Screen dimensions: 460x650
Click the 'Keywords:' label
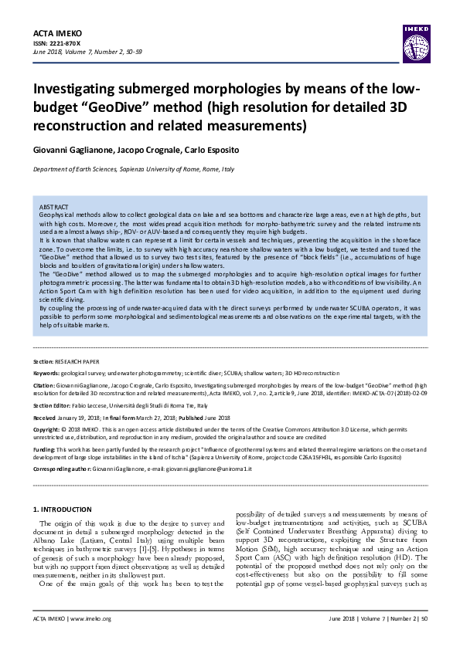[46, 372]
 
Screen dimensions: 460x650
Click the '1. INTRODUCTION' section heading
[65, 510]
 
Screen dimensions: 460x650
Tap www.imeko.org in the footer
[91, 618]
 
